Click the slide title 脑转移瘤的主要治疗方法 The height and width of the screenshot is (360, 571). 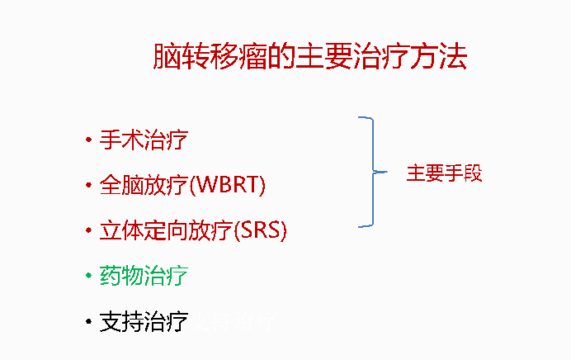[x=310, y=57]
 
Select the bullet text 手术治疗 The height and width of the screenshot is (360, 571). [x=144, y=139]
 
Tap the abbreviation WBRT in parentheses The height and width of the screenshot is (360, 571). [x=228, y=185]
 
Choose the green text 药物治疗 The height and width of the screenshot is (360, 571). [x=144, y=276]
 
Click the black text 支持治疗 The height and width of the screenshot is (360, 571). [x=144, y=321]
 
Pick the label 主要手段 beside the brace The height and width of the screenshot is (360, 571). [x=444, y=173]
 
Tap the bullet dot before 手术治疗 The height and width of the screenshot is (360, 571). [x=87, y=140]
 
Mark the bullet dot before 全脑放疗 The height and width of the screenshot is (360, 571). [x=87, y=186]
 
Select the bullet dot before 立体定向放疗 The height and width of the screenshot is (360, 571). [x=87, y=231]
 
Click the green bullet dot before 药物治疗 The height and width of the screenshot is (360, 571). [x=87, y=277]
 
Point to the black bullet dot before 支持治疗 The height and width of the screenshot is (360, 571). [x=87, y=321]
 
